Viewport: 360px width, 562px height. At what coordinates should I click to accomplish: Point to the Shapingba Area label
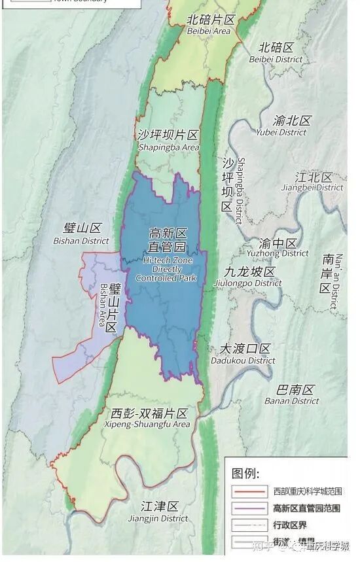(x=168, y=141)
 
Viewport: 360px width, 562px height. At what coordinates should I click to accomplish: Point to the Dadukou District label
(x=243, y=353)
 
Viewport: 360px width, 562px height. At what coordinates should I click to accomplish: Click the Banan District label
(x=292, y=395)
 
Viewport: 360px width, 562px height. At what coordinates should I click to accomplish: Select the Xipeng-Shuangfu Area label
(x=147, y=419)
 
